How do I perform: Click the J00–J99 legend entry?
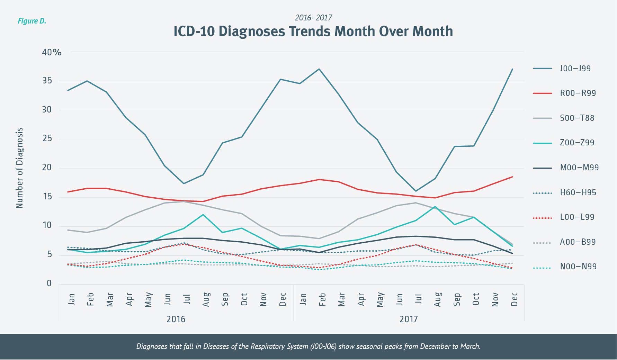tap(575, 69)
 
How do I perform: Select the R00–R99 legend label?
tap(578, 93)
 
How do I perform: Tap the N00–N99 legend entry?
tap(578, 267)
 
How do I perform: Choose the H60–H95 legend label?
tap(578, 192)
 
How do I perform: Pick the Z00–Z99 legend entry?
tap(577, 143)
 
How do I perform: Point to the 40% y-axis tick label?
tap(52, 52)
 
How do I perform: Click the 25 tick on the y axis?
tap(47, 138)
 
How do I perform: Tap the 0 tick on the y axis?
tap(49, 283)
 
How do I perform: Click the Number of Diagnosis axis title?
tap(20, 168)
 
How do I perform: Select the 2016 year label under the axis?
tap(176, 319)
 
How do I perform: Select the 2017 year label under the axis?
tap(409, 319)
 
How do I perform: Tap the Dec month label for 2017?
tap(515, 299)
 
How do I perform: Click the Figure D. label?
tap(32, 21)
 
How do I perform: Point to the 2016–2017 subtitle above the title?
tap(313, 18)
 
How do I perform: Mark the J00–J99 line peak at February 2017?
tap(319, 69)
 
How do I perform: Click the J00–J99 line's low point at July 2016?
tap(184, 183)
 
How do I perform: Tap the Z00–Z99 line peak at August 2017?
tap(435, 207)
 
